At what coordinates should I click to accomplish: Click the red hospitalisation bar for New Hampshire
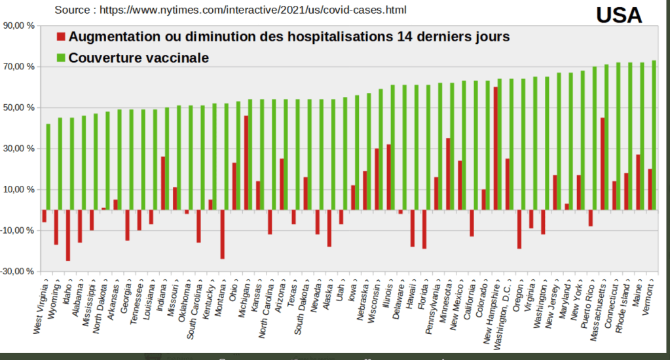click(496, 148)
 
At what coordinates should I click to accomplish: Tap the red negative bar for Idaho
click(68, 235)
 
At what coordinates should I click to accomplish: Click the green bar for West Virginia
click(48, 166)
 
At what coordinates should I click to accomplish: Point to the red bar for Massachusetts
click(602, 164)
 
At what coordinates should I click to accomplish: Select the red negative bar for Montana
click(223, 234)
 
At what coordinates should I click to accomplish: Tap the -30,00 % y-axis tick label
click(19, 271)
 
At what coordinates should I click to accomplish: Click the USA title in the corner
click(618, 15)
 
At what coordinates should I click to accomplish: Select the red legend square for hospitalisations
click(62, 37)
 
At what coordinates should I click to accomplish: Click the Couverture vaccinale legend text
click(138, 58)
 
